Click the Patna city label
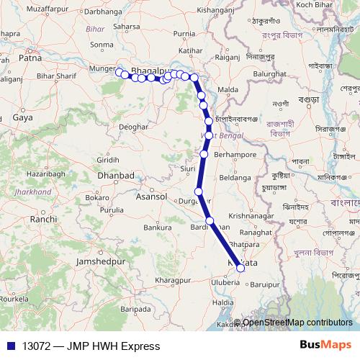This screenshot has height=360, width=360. pyautogui.click(x=27, y=56)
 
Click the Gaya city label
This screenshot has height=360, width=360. pyautogui.click(x=23, y=117)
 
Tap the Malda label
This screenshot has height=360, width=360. pyautogui.click(x=228, y=89)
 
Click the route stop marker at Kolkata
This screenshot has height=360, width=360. pyautogui.click(x=241, y=269)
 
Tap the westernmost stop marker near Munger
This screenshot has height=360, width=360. pyautogui.click(x=119, y=71)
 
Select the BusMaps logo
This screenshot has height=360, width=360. pyautogui.click(x=325, y=346)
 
